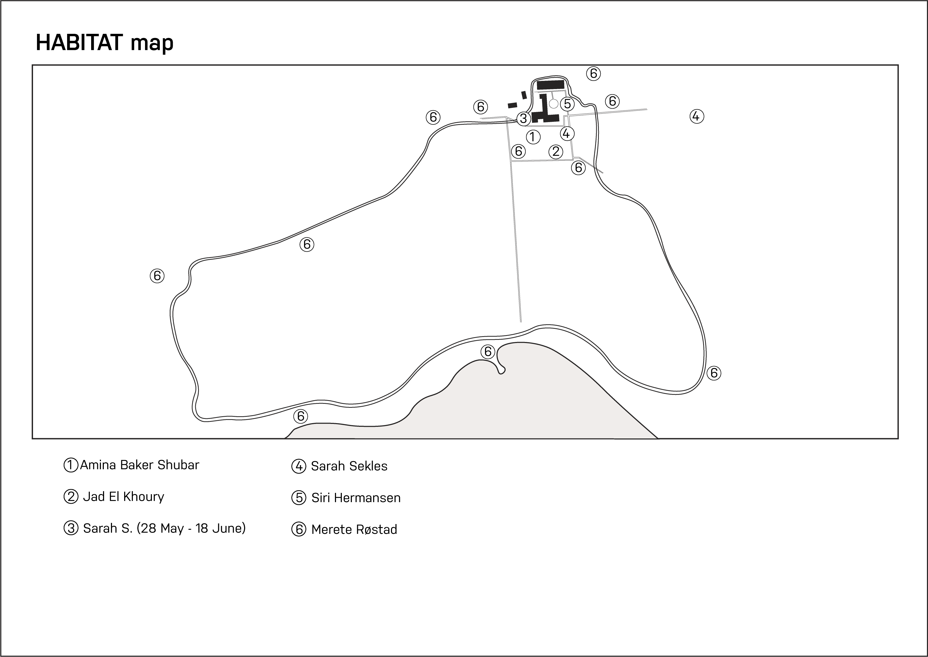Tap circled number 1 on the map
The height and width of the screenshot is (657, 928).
pyautogui.click(x=533, y=137)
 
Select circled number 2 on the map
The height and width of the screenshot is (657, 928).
pyautogui.click(x=556, y=152)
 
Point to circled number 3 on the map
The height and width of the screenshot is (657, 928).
pyautogui.click(x=523, y=119)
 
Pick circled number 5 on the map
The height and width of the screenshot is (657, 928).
pyautogui.click(x=567, y=104)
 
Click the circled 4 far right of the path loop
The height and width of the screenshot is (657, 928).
pyautogui.click(x=696, y=117)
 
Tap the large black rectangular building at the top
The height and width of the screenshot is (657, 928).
pyautogui.click(x=550, y=85)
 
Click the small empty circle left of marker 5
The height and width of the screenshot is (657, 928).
pyautogui.click(x=554, y=104)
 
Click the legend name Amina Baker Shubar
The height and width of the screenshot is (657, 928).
pyautogui.click(x=139, y=465)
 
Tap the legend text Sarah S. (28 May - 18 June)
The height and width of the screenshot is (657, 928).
pyautogui.click(x=164, y=528)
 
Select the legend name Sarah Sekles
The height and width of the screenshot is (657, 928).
pyautogui.click(x=349, y=466)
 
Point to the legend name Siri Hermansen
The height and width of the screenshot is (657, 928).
pyautogui.click(x=356, y=498)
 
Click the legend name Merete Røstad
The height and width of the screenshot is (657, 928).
pyautogui.click(x=354, y=529)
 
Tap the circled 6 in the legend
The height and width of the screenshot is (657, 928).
pyautogui.click(x=299, y=529)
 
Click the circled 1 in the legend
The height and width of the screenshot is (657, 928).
pyautogui.click(x=71, y=465)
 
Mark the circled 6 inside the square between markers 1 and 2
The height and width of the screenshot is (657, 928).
pyautogui.click(x=518, y=151)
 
